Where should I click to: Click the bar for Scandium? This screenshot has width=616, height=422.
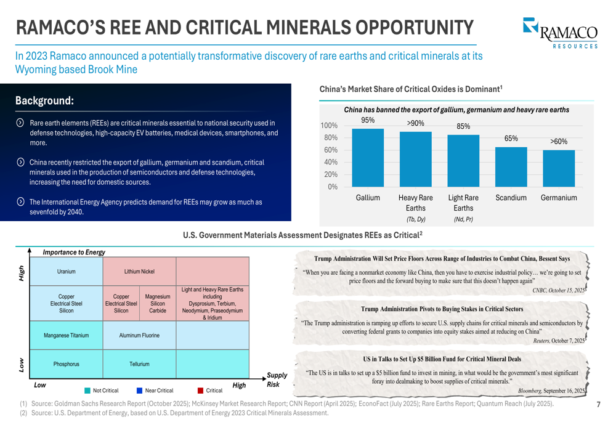tap(511, 166)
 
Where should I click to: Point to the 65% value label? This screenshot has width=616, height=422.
tap(511, 139)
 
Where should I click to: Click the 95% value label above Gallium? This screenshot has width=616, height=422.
tap(368, 120)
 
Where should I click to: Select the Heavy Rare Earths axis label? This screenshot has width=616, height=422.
tap(416, 203)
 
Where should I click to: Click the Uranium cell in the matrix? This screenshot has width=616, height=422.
tap(66, 271)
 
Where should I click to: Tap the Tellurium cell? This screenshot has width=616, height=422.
tap(139, 364)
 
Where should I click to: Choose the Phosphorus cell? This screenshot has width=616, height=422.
tap(66, 364)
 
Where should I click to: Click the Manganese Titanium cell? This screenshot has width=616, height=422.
tap(66, 336)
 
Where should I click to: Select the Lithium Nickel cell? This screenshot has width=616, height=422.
tap(139, 271)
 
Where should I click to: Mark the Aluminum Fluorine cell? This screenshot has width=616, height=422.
tap(139, 336)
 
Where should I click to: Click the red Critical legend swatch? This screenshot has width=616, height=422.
tap(201, 390)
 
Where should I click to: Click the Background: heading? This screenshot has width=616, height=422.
tap(44, 100)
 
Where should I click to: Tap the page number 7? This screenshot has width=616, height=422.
tap(598, 404)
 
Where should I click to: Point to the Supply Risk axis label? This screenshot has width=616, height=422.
tap(277, 379)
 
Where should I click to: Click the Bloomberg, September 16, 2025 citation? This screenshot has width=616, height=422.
tap(551, 391)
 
